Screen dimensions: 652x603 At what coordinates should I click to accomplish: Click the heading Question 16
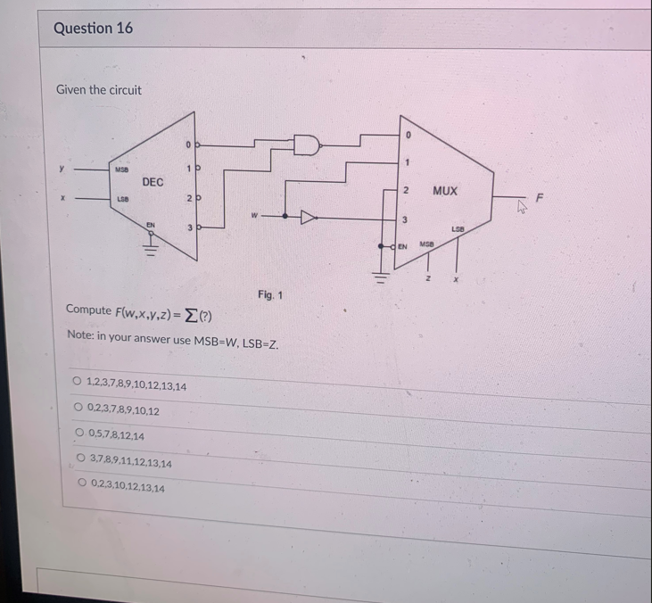click(93, 28)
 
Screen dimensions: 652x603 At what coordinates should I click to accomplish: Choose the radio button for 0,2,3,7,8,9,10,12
click(78, 410)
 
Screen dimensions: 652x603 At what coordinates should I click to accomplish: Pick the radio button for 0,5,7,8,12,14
click(79, 435)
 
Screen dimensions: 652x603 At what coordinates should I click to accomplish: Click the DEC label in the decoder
click(153, 182)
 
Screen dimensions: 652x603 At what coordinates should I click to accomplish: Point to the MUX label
click(445, 191)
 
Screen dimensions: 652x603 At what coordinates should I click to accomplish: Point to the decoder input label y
click(62, 166)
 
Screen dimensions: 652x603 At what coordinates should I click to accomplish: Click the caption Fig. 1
click(269, 293)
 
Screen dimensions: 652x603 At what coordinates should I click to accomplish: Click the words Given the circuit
click(98, 89)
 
